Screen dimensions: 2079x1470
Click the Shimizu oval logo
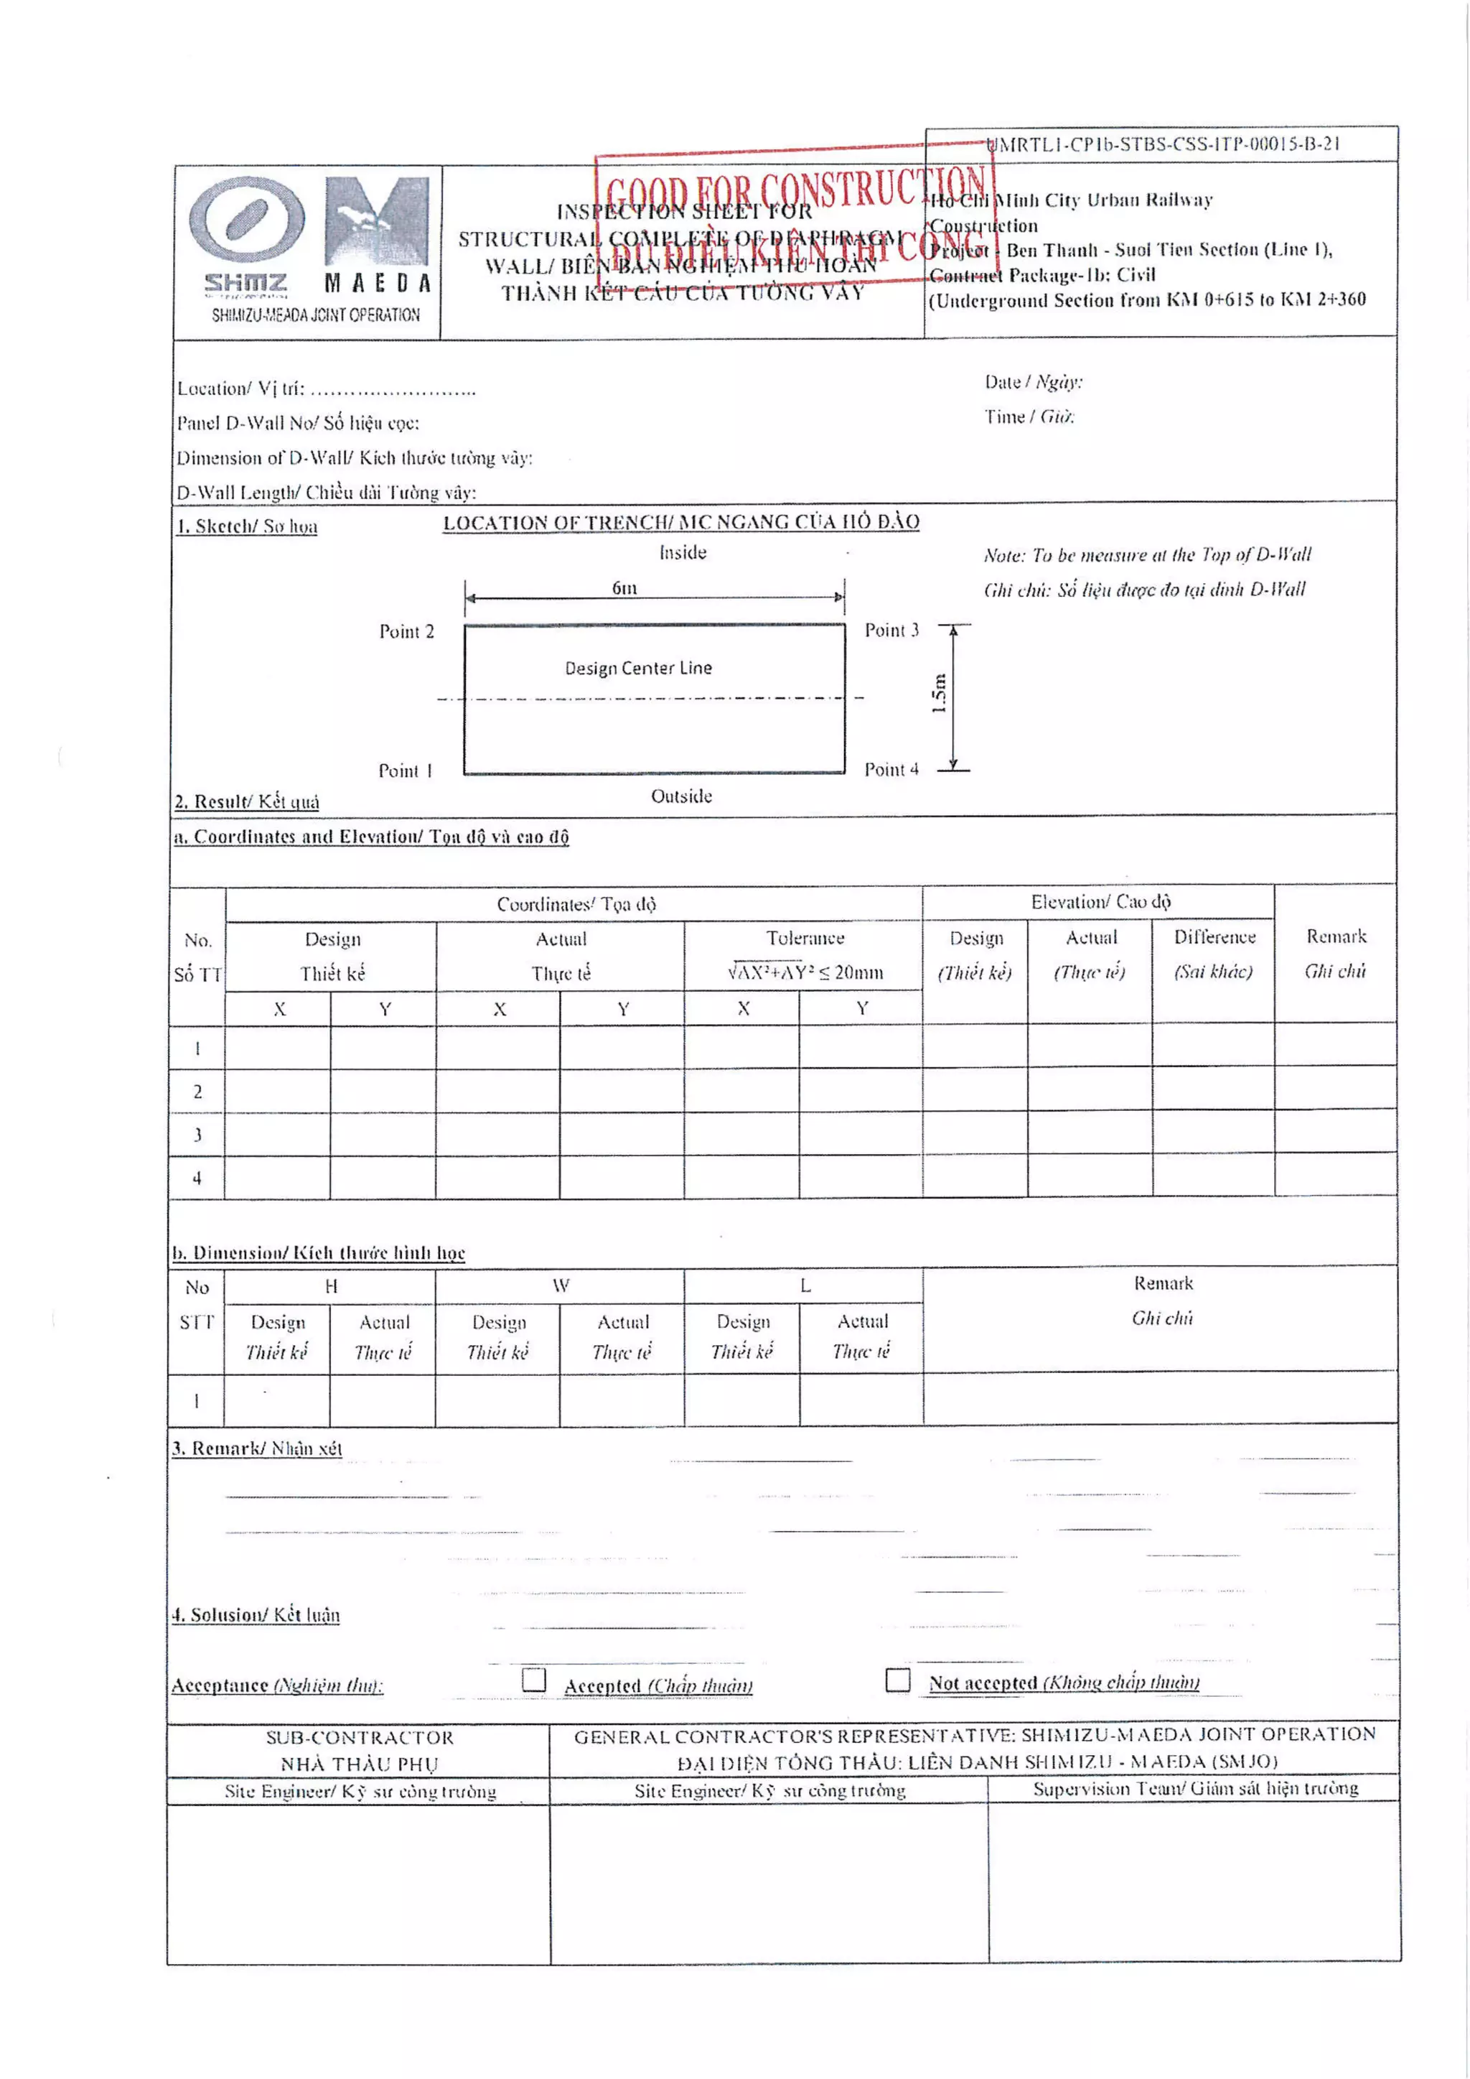tap(245, 220)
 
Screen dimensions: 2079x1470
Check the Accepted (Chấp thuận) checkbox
tap(534, 1680)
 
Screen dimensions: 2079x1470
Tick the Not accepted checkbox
tap(897, 1680)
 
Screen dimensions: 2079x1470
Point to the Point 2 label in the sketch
tap(406, 631)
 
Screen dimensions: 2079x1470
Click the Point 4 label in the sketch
tap(891, 770)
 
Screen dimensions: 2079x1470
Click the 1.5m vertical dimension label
tap(939, 694)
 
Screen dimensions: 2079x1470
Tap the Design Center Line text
tap(638, 669)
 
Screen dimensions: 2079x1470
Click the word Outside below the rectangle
tap(682, 796)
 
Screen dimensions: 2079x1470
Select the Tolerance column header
tap(805, 938)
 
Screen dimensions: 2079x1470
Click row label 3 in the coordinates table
tap(197, 1135)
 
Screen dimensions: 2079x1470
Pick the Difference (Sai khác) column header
tap(1214, 937)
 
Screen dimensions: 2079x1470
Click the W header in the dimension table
tap(561, 1285)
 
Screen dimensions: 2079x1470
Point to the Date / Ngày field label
tap(1033, 382)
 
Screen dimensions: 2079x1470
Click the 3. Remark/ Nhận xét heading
tap(258, 1448)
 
